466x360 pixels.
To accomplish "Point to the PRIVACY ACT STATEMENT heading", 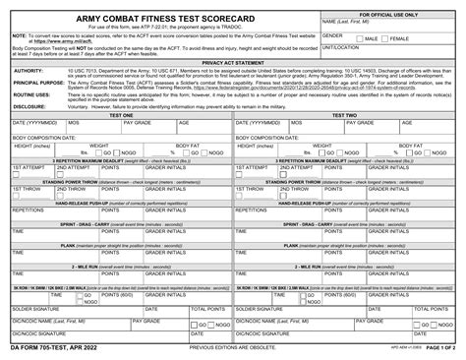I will click(x=232, y=62).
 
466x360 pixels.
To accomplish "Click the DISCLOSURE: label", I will click(x=29, y=106).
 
